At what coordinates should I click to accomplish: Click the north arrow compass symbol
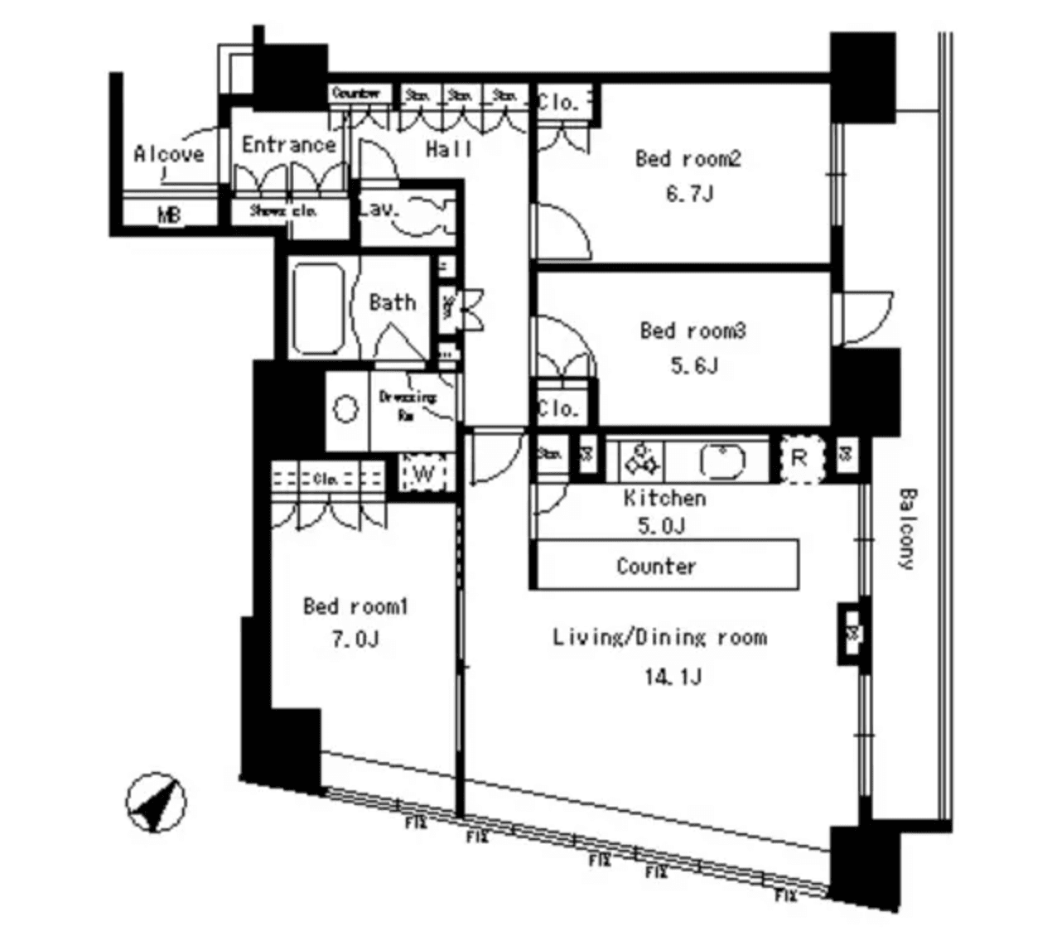(156, 803)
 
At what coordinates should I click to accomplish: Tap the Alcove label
(169, 154)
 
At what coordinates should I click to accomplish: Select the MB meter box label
(169, 216)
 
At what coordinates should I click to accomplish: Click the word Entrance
(288, 145)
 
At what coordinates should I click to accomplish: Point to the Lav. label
(380, 210)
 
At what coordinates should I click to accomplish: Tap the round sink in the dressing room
(345, 409)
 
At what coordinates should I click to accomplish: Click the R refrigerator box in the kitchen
(799, 459)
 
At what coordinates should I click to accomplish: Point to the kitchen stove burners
(642, 459)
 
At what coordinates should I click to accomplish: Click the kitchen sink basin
(723, 461)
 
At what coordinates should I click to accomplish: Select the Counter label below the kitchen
(656, 567)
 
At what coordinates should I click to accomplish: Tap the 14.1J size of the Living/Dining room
(673, 677)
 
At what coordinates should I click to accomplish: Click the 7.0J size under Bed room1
(355, 639)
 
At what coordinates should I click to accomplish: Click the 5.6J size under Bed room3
(693, 365)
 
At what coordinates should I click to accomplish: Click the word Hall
(449, 149)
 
